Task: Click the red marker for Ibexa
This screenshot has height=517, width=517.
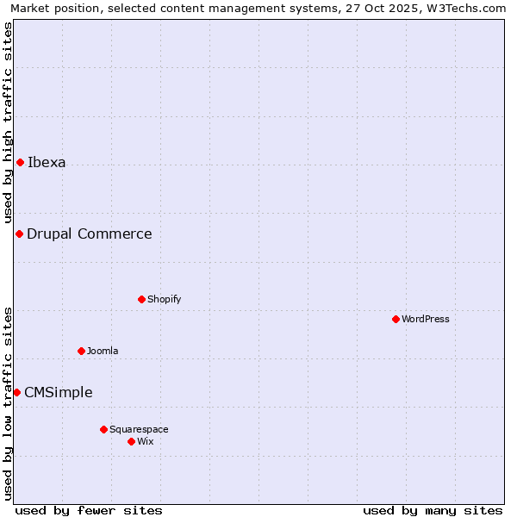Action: (20, 163)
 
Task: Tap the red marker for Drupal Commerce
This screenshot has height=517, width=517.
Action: (19, 234)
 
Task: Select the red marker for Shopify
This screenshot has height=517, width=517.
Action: (141, 300)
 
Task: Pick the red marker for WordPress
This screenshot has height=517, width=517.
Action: (396, 320)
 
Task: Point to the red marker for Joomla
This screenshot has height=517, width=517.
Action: (81, 352)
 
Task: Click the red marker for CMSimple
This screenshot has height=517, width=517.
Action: (16, 393)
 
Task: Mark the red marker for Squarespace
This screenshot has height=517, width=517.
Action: (103, 430)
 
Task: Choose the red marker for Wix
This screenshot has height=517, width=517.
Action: (131, 442)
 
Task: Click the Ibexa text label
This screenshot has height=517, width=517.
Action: (47, 163)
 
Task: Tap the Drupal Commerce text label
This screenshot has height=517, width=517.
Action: (90, 234)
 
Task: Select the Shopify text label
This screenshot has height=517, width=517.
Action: (164, 300)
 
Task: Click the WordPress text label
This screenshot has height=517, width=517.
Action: (426, 320)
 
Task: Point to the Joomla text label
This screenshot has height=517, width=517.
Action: (103, 352)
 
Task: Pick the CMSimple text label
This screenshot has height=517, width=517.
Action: (59, 393)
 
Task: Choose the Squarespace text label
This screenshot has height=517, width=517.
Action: (139, 430)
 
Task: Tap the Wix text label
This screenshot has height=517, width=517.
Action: (146, 442)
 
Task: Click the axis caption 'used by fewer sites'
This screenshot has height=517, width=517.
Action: (89, 510)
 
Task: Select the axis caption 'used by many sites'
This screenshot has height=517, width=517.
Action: (433, 510)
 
